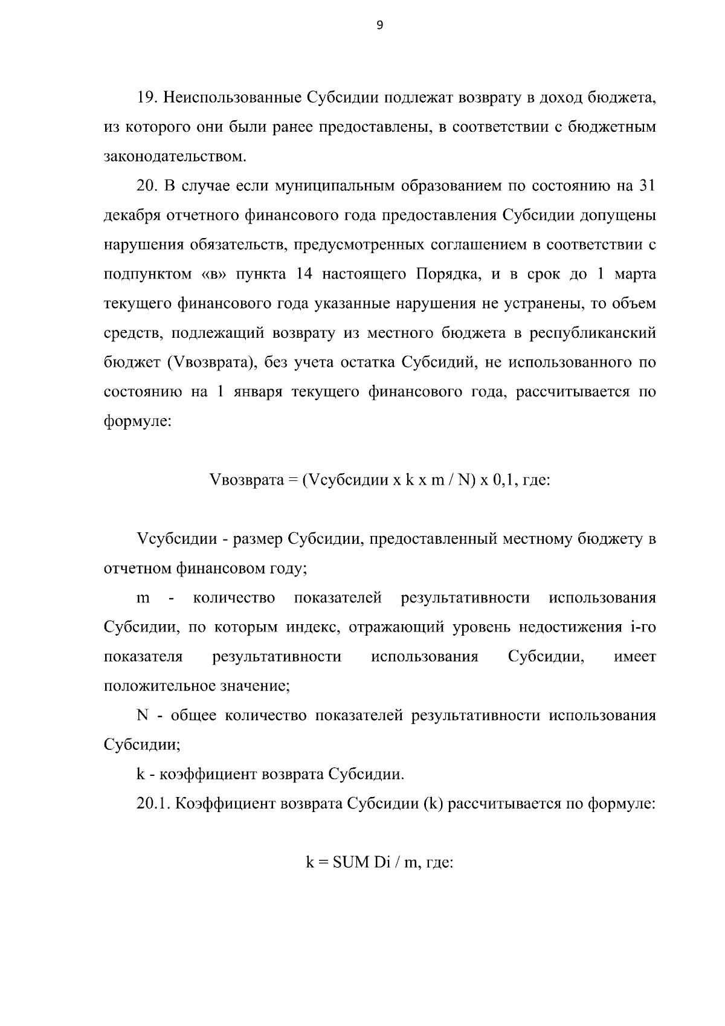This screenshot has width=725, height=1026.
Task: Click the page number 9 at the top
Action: point(379,25)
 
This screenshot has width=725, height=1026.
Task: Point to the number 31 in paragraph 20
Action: point(646,186)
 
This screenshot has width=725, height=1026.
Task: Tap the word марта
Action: point(634,274)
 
